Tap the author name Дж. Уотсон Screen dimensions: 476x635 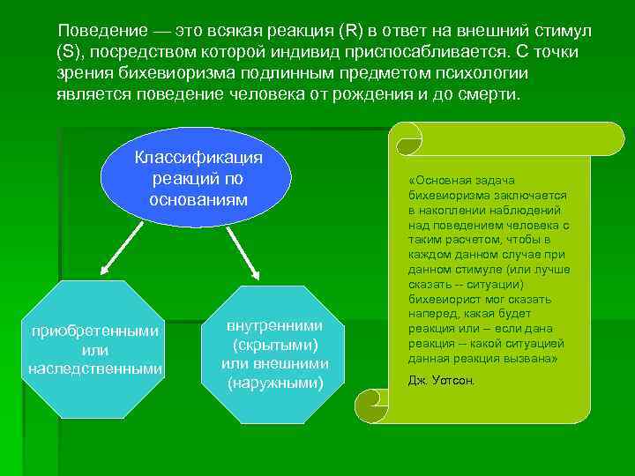point(441,380)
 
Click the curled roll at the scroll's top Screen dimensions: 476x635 point(408,139)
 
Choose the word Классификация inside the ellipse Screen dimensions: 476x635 point(198,158)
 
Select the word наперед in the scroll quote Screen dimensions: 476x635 point(432,314)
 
